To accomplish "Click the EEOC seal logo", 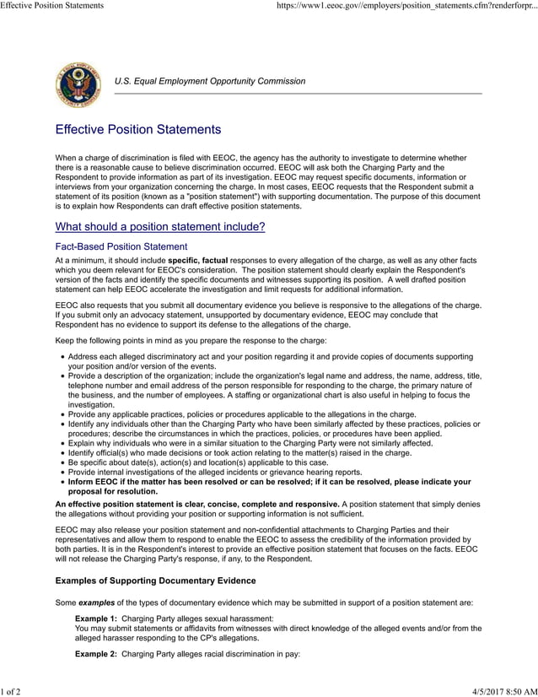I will pos(77,85).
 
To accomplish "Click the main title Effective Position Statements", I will pos(137,130).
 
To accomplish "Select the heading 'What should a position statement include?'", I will pos(160,227).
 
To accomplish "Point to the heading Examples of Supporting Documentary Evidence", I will pos(155,581).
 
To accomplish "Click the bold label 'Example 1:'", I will pos(96,619).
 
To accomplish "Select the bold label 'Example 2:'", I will pos(96,654).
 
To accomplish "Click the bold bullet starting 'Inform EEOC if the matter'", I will pos(269,486).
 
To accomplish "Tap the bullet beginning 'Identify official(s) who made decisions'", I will pos(239,452).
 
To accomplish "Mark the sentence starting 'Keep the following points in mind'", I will pos(191,340).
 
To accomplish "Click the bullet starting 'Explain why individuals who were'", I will pos(250,442).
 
